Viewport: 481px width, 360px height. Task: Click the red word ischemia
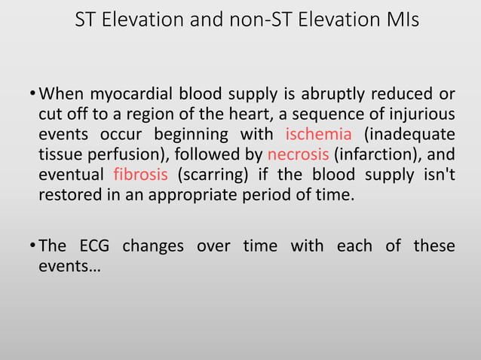click(x=319, y=135)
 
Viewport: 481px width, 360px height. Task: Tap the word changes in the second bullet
click(x=153, y=246)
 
